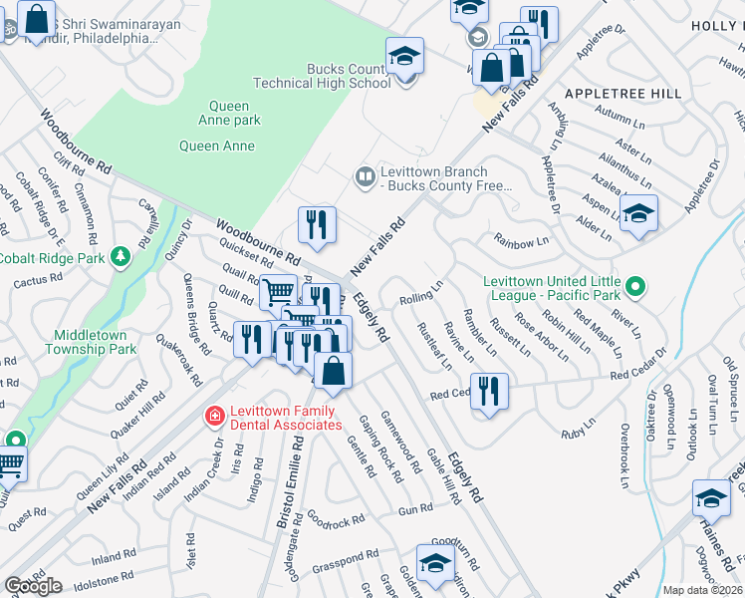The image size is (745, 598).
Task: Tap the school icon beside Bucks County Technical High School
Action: click(405, 57)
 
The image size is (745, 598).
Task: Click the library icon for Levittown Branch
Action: click(366, 177)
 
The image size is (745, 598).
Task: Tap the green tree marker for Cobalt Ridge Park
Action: click(121, 258)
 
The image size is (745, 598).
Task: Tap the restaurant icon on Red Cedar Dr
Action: click(488, 392)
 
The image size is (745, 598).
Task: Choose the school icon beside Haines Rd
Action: click(712, 498)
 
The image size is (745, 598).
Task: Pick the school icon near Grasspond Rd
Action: click(435, 563)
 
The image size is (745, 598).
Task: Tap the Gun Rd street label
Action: click(415, 508)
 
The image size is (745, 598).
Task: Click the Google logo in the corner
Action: click(33, 586)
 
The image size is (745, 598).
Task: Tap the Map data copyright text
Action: click(702, 590)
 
